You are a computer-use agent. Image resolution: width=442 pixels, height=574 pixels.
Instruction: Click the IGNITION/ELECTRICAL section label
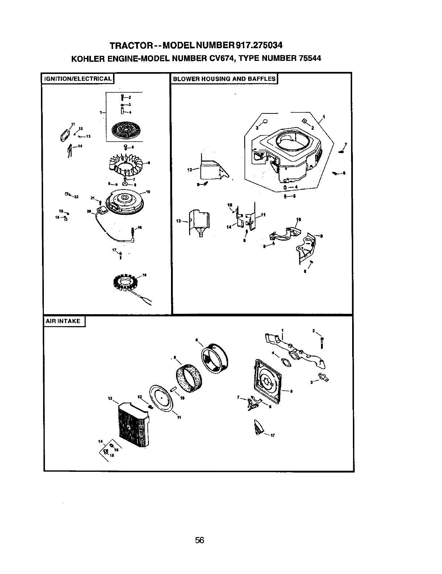(x=77, y=79)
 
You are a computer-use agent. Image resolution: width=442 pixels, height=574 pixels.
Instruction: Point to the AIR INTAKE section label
(x=63, y=321)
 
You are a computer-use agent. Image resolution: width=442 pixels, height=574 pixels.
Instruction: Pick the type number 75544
(x=308, y=58)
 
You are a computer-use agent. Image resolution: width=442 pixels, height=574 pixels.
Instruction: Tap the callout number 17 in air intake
(x=273, y=436)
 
